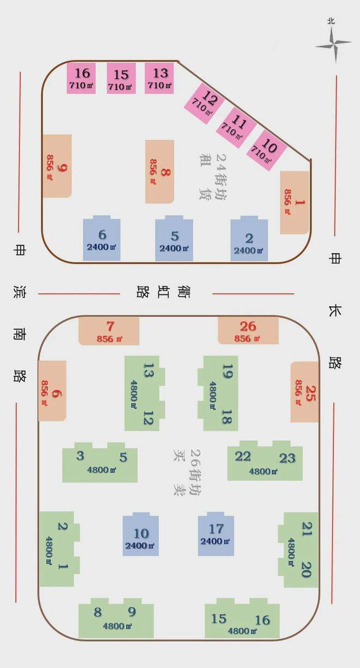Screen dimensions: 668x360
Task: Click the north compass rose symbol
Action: (x=333, y=43)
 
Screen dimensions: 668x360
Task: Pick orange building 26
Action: (x=248, y=330)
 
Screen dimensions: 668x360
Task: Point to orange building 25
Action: (x=304, y=392)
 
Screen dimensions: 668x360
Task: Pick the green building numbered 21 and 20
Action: (x=298, y=550)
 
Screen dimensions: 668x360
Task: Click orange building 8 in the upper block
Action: (x=160, y=171)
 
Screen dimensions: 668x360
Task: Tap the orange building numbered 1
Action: (x=295, y=202)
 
